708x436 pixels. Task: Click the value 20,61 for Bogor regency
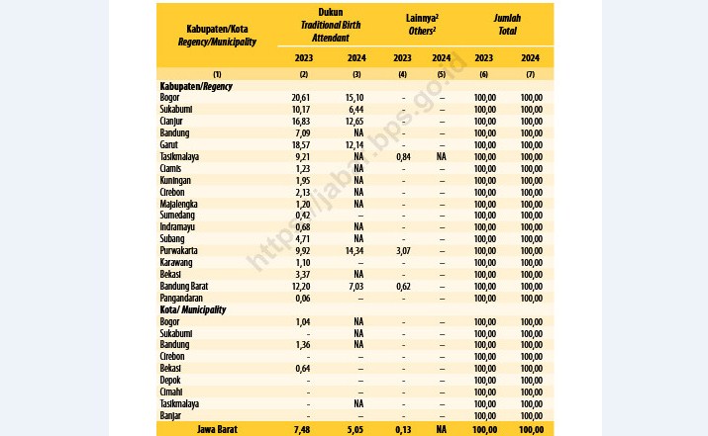301,98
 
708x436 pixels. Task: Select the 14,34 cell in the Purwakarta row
354,251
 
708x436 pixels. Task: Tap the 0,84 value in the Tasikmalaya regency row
403,156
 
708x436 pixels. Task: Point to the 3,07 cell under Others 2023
403,251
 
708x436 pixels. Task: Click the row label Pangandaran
181,298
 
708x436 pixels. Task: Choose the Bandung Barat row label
184,287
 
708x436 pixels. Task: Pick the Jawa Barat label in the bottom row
217,429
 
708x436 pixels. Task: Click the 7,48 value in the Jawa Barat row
302,430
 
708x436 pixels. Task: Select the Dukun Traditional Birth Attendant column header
331,25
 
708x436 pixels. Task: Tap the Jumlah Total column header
507,25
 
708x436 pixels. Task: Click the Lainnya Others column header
422,25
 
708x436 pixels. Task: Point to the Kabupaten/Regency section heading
196,86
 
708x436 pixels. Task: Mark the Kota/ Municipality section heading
193,309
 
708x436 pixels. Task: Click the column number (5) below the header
442,74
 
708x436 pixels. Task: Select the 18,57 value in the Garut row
301,144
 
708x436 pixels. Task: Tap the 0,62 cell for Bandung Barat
403,287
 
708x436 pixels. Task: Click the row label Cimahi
171,392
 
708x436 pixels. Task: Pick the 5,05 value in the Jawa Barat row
355,430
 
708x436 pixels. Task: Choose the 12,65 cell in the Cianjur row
354,122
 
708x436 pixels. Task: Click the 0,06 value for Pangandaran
303,298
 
